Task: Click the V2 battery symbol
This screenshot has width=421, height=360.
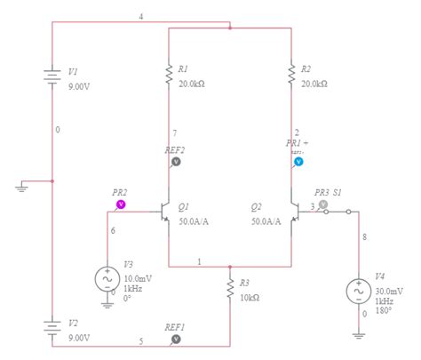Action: coord(52,329)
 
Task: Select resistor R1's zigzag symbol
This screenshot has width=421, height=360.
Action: coord(168,78)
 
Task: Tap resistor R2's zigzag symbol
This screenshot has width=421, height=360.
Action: coord(292,78)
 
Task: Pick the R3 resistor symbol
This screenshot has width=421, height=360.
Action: coord(230,290)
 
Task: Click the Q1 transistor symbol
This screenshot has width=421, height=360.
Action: coord(163,213)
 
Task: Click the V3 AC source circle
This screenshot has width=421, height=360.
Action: coord(107,278)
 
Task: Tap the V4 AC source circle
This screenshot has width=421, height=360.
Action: coord(360,291)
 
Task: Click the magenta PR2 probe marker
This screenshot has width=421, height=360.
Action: coord(121,204)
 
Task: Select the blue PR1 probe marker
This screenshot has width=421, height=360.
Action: coord(298,162)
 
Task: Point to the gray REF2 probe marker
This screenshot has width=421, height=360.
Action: coord(176,162)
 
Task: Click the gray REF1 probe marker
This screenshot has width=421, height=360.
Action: coord(176,339)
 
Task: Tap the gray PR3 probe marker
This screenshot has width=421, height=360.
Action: coord(323,204)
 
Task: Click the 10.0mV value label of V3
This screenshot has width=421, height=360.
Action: coord(138,278)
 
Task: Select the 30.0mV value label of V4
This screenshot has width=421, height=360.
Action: coord(389,291)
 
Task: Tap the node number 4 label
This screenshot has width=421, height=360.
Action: coord(140,16)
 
